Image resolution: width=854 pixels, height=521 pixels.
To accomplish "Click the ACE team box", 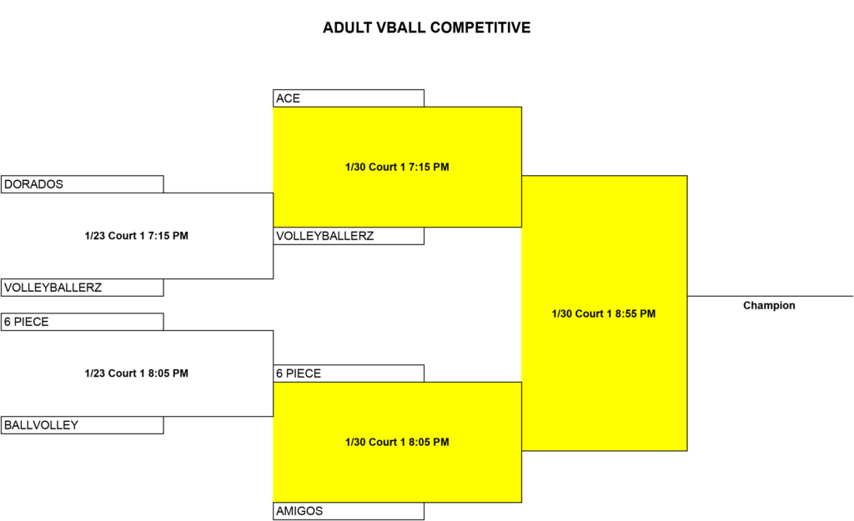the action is [349, 98].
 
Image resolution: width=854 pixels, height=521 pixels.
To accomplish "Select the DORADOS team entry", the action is [83, 184].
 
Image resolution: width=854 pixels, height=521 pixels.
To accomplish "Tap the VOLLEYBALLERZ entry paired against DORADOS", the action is [83, 288].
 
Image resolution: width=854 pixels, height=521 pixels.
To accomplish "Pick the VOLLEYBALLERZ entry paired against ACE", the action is [349, 236].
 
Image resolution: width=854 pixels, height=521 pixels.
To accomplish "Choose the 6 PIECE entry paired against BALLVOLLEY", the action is [83, 322].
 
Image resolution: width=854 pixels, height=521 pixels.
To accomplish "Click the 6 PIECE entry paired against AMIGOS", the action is [349, 373].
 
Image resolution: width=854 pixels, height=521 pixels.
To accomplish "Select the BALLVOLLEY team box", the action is [83, 425].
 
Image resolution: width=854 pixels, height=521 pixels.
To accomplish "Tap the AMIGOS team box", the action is [349, 511].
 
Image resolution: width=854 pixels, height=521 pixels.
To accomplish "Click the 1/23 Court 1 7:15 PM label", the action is [137, 236].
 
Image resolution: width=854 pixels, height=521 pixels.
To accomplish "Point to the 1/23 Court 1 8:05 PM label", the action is [137, 373].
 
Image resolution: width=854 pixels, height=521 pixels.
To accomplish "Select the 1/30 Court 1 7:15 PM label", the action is [397, 167].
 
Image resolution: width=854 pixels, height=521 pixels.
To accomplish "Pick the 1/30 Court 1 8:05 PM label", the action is [397, 442].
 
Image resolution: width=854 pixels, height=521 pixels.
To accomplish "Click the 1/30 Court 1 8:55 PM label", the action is [604, 313].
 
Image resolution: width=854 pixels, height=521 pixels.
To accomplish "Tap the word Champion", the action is [769, 305].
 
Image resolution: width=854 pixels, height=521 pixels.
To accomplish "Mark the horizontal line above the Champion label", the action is [770, 296].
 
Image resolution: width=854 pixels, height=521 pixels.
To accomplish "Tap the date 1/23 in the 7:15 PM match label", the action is [95, 236].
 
